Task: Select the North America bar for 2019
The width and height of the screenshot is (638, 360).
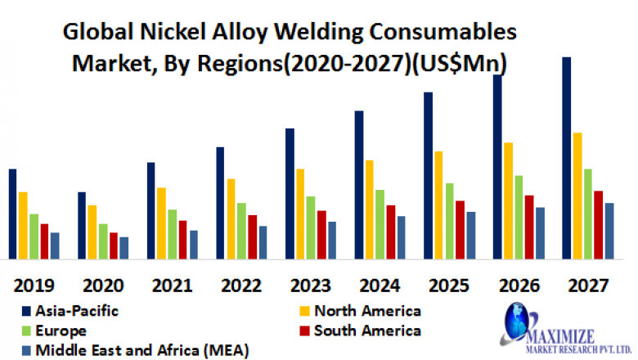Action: click(x=23, y=225)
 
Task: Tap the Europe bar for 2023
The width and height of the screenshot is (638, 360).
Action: click(x=310, y=227)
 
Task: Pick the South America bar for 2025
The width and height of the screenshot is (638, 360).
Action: click(x=460, y=229)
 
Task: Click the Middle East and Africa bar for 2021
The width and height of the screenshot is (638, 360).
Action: click(x=193, y=244)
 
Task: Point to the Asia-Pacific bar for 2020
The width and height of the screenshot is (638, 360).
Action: click(x=81, y=225)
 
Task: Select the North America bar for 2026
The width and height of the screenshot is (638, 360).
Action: click(x=508, y=200)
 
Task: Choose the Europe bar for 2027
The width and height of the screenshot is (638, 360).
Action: click(x=587, y=214)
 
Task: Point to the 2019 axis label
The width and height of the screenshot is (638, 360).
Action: click(x=34, y=286)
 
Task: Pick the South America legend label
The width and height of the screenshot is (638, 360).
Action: click(x=367, y=331)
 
